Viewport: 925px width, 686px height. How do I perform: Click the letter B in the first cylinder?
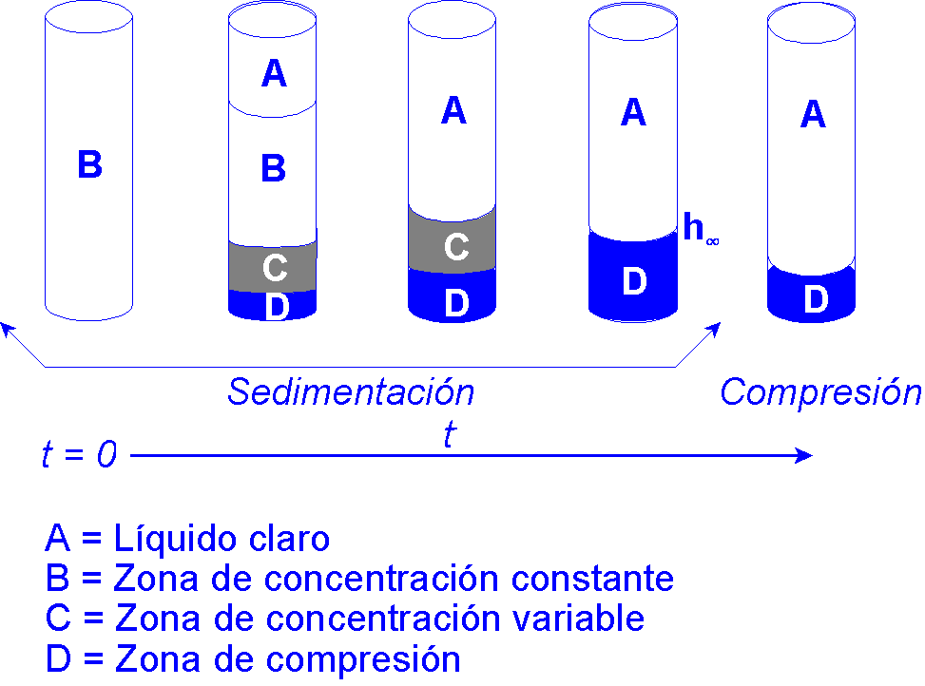pos(89,165)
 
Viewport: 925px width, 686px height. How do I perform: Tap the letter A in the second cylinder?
pos(274,73)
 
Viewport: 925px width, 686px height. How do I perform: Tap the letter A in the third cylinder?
pos(453,112)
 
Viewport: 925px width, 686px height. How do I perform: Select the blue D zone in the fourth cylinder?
pos(632,277)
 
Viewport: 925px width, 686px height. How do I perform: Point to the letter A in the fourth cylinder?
pos(633,113)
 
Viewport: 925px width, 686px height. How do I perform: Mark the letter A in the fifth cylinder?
pos(812,115)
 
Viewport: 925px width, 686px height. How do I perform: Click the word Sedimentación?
pos(350,392)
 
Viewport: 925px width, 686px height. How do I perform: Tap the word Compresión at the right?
pos(820,392)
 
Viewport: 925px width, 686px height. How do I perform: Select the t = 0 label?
pos(79,456)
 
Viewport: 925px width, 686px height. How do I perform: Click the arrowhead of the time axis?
pos(806,456)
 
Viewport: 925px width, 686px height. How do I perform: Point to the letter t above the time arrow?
pos(449,435)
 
